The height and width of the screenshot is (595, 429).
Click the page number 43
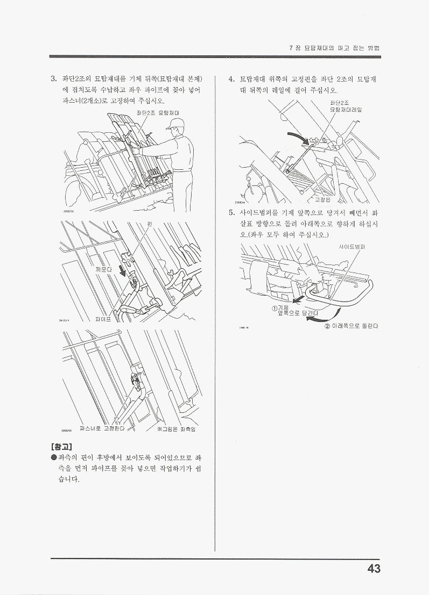click(x=374, y=569)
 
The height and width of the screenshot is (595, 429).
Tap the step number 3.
click(x=53, y=80)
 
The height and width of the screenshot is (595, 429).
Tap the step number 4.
click(x=231, y=80)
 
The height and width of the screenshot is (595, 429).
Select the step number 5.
click(x=231, y=212)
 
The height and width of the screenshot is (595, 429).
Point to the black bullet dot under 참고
click(x=54, y=458)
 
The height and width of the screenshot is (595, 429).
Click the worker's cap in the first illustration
click(x=174, y=124)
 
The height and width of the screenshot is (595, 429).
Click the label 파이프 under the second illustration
click(x=103, y=319)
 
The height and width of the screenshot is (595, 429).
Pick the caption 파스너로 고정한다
click(x=102, y=428)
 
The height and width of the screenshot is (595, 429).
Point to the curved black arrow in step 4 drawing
click(x=299, y=138)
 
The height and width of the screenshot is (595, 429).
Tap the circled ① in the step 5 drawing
click(x=274, y=307)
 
